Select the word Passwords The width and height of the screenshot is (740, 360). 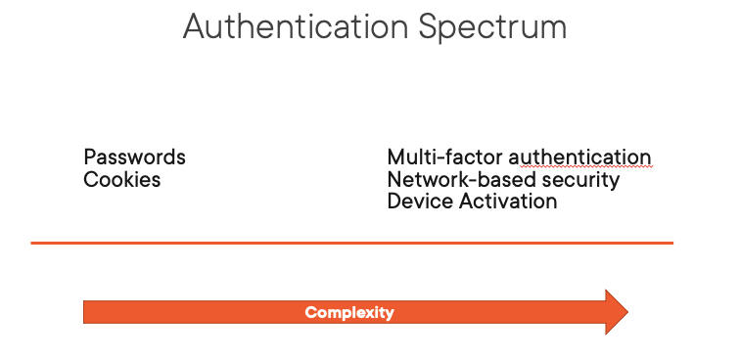134,157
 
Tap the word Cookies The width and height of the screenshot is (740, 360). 122,180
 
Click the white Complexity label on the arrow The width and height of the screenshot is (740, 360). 349,313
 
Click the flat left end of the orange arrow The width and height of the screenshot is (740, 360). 87,312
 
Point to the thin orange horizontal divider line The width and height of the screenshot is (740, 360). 352,243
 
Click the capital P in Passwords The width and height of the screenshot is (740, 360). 90,157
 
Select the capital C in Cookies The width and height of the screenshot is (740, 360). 90,180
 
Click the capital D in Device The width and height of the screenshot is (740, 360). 394,202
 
